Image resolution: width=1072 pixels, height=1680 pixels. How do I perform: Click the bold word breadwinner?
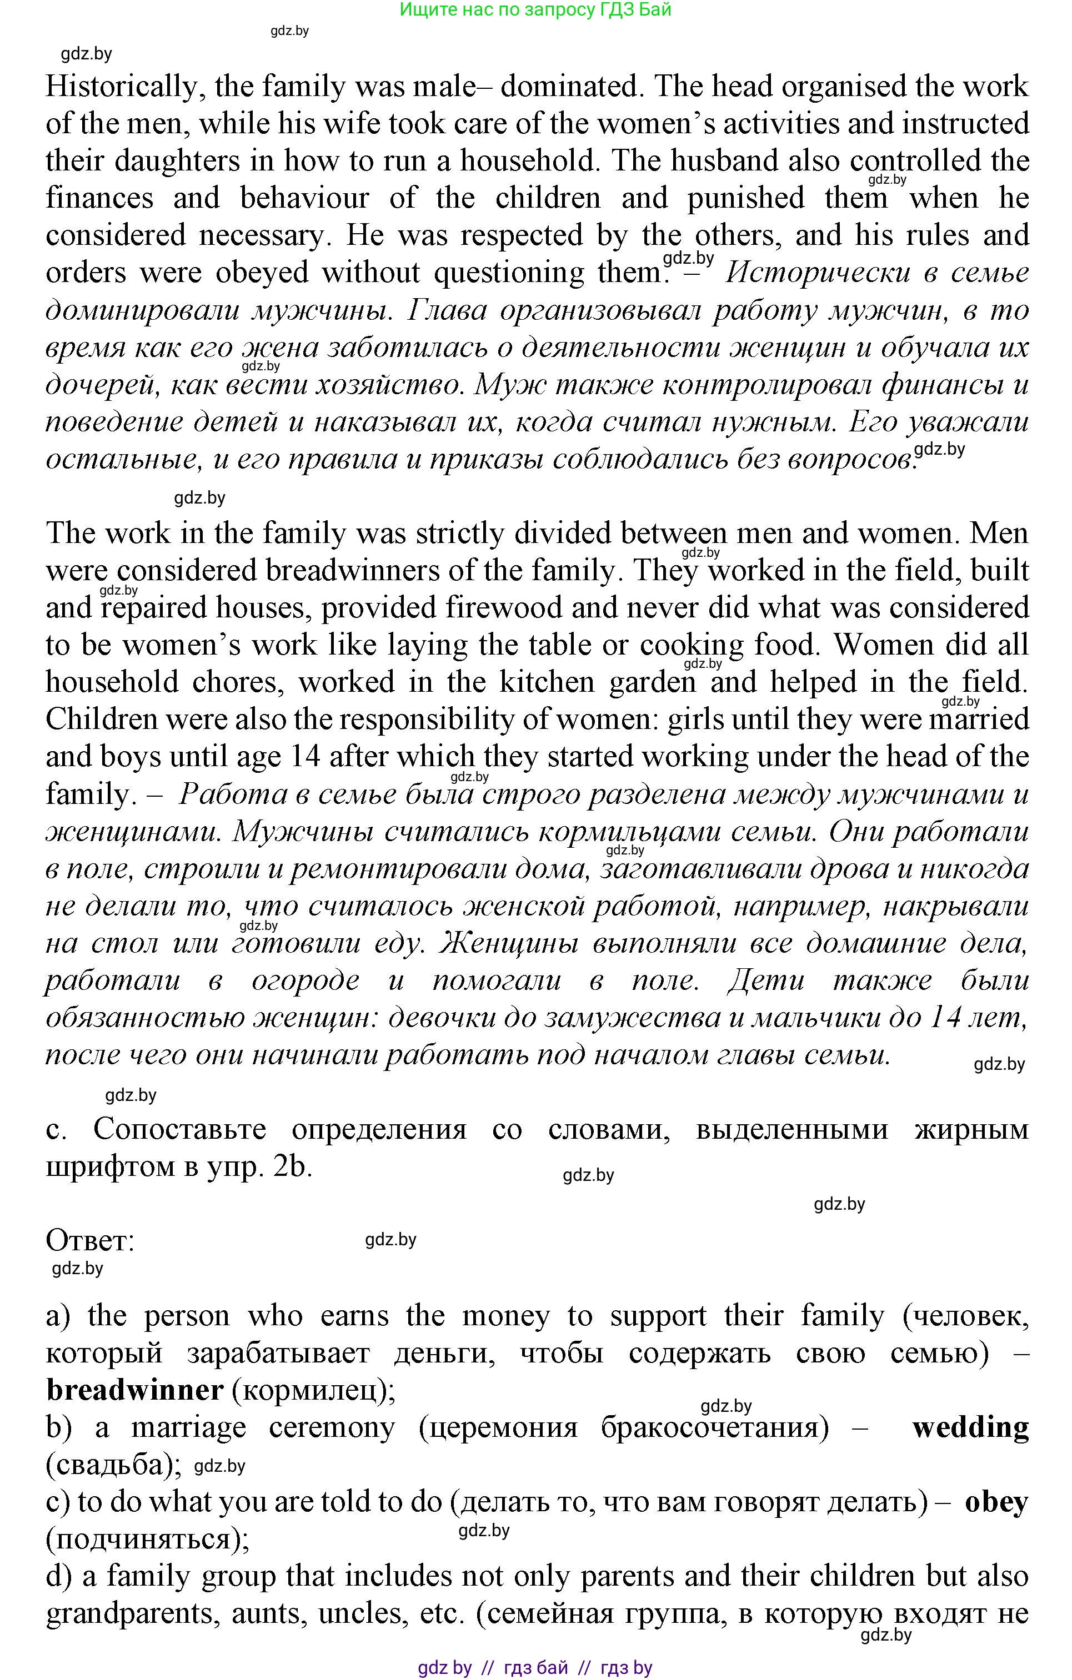135,1390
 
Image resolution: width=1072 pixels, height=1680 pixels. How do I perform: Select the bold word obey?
996,1501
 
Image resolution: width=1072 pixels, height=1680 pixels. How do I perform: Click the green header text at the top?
535,10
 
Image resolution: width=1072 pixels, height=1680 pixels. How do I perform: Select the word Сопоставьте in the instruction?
179,1129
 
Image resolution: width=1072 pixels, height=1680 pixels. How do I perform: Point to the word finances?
99,198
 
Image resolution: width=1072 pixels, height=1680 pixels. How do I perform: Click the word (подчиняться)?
147,1538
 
